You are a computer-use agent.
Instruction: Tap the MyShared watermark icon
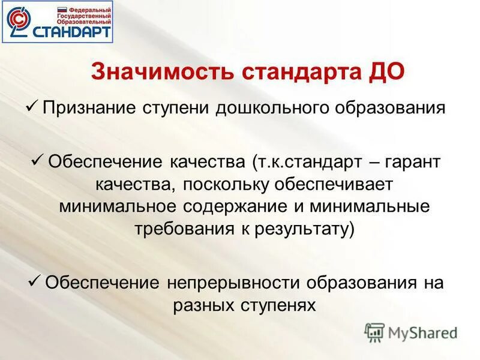374,332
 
